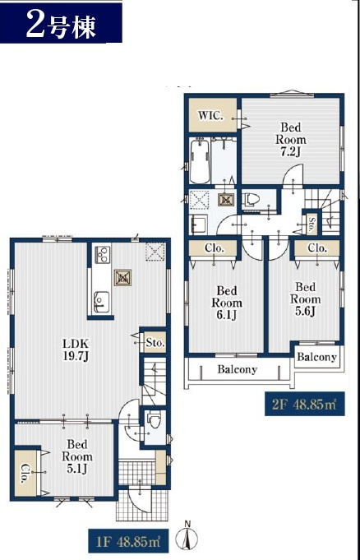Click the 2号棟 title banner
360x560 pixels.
click(61, 22)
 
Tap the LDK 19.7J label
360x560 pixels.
click(76, 350)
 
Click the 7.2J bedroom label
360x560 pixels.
click(291, 139)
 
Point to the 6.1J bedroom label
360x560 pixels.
click(227, 303)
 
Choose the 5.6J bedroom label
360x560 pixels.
click(306, 299)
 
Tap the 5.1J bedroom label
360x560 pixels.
click(77, 456)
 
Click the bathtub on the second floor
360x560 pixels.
click(199, 161)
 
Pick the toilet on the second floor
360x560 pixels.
click(250, 199)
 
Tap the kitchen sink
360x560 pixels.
click(101, 302)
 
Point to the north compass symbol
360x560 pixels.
click(187, 535)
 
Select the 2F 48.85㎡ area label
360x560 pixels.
click(305, 404)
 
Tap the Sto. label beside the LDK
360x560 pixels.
click(155, 343)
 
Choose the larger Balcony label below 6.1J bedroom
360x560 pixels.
click(238, 369)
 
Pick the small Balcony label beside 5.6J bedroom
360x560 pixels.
click(316, 357)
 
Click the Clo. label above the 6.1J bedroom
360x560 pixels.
click(214, 248)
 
